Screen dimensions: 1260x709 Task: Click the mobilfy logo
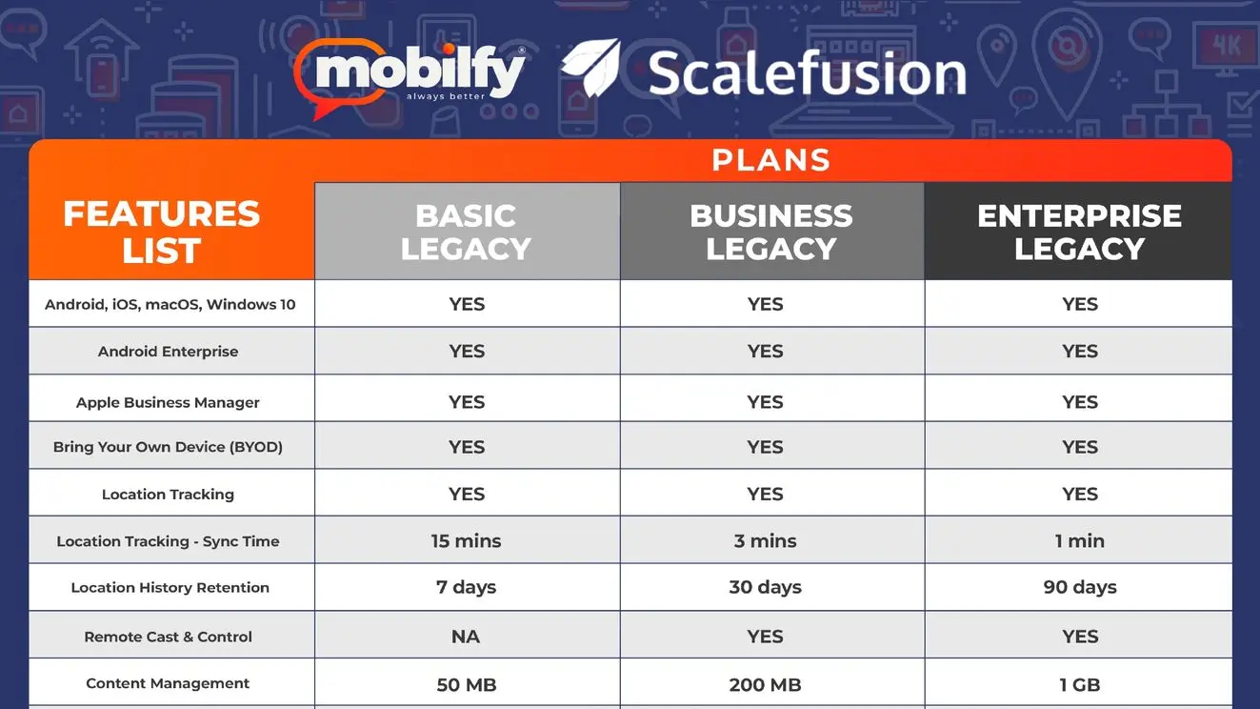click(410, 77)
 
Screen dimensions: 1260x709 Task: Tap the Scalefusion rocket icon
click(590, 68)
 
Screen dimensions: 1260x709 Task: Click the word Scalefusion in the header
click(808, 73)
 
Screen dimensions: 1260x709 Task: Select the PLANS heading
click(770, 160)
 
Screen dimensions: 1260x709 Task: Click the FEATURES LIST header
click(162, 232)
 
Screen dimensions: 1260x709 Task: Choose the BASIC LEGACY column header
click(467, 232)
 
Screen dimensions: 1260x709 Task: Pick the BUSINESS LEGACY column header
click(771, 232)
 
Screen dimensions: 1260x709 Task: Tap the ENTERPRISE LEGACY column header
click(1079, 232)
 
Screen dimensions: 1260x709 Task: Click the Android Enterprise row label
click(169, 351)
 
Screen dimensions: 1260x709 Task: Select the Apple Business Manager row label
click(168, 402)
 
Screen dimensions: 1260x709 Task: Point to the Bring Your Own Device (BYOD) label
click(168, 447)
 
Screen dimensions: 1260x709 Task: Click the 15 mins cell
click(466, 540)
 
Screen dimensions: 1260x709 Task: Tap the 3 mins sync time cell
click(765, 540)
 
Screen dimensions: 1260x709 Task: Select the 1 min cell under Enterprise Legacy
click(1079, 540)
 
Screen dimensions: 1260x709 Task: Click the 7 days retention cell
click(466, 587)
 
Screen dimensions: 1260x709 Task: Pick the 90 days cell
click(1079, 587)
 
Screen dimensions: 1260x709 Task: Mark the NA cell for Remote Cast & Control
click(465, 637)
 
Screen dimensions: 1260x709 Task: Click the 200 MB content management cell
click(765, 685)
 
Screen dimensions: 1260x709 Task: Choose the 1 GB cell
click(1079, 685)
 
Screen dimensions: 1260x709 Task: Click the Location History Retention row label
click(170, 587)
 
